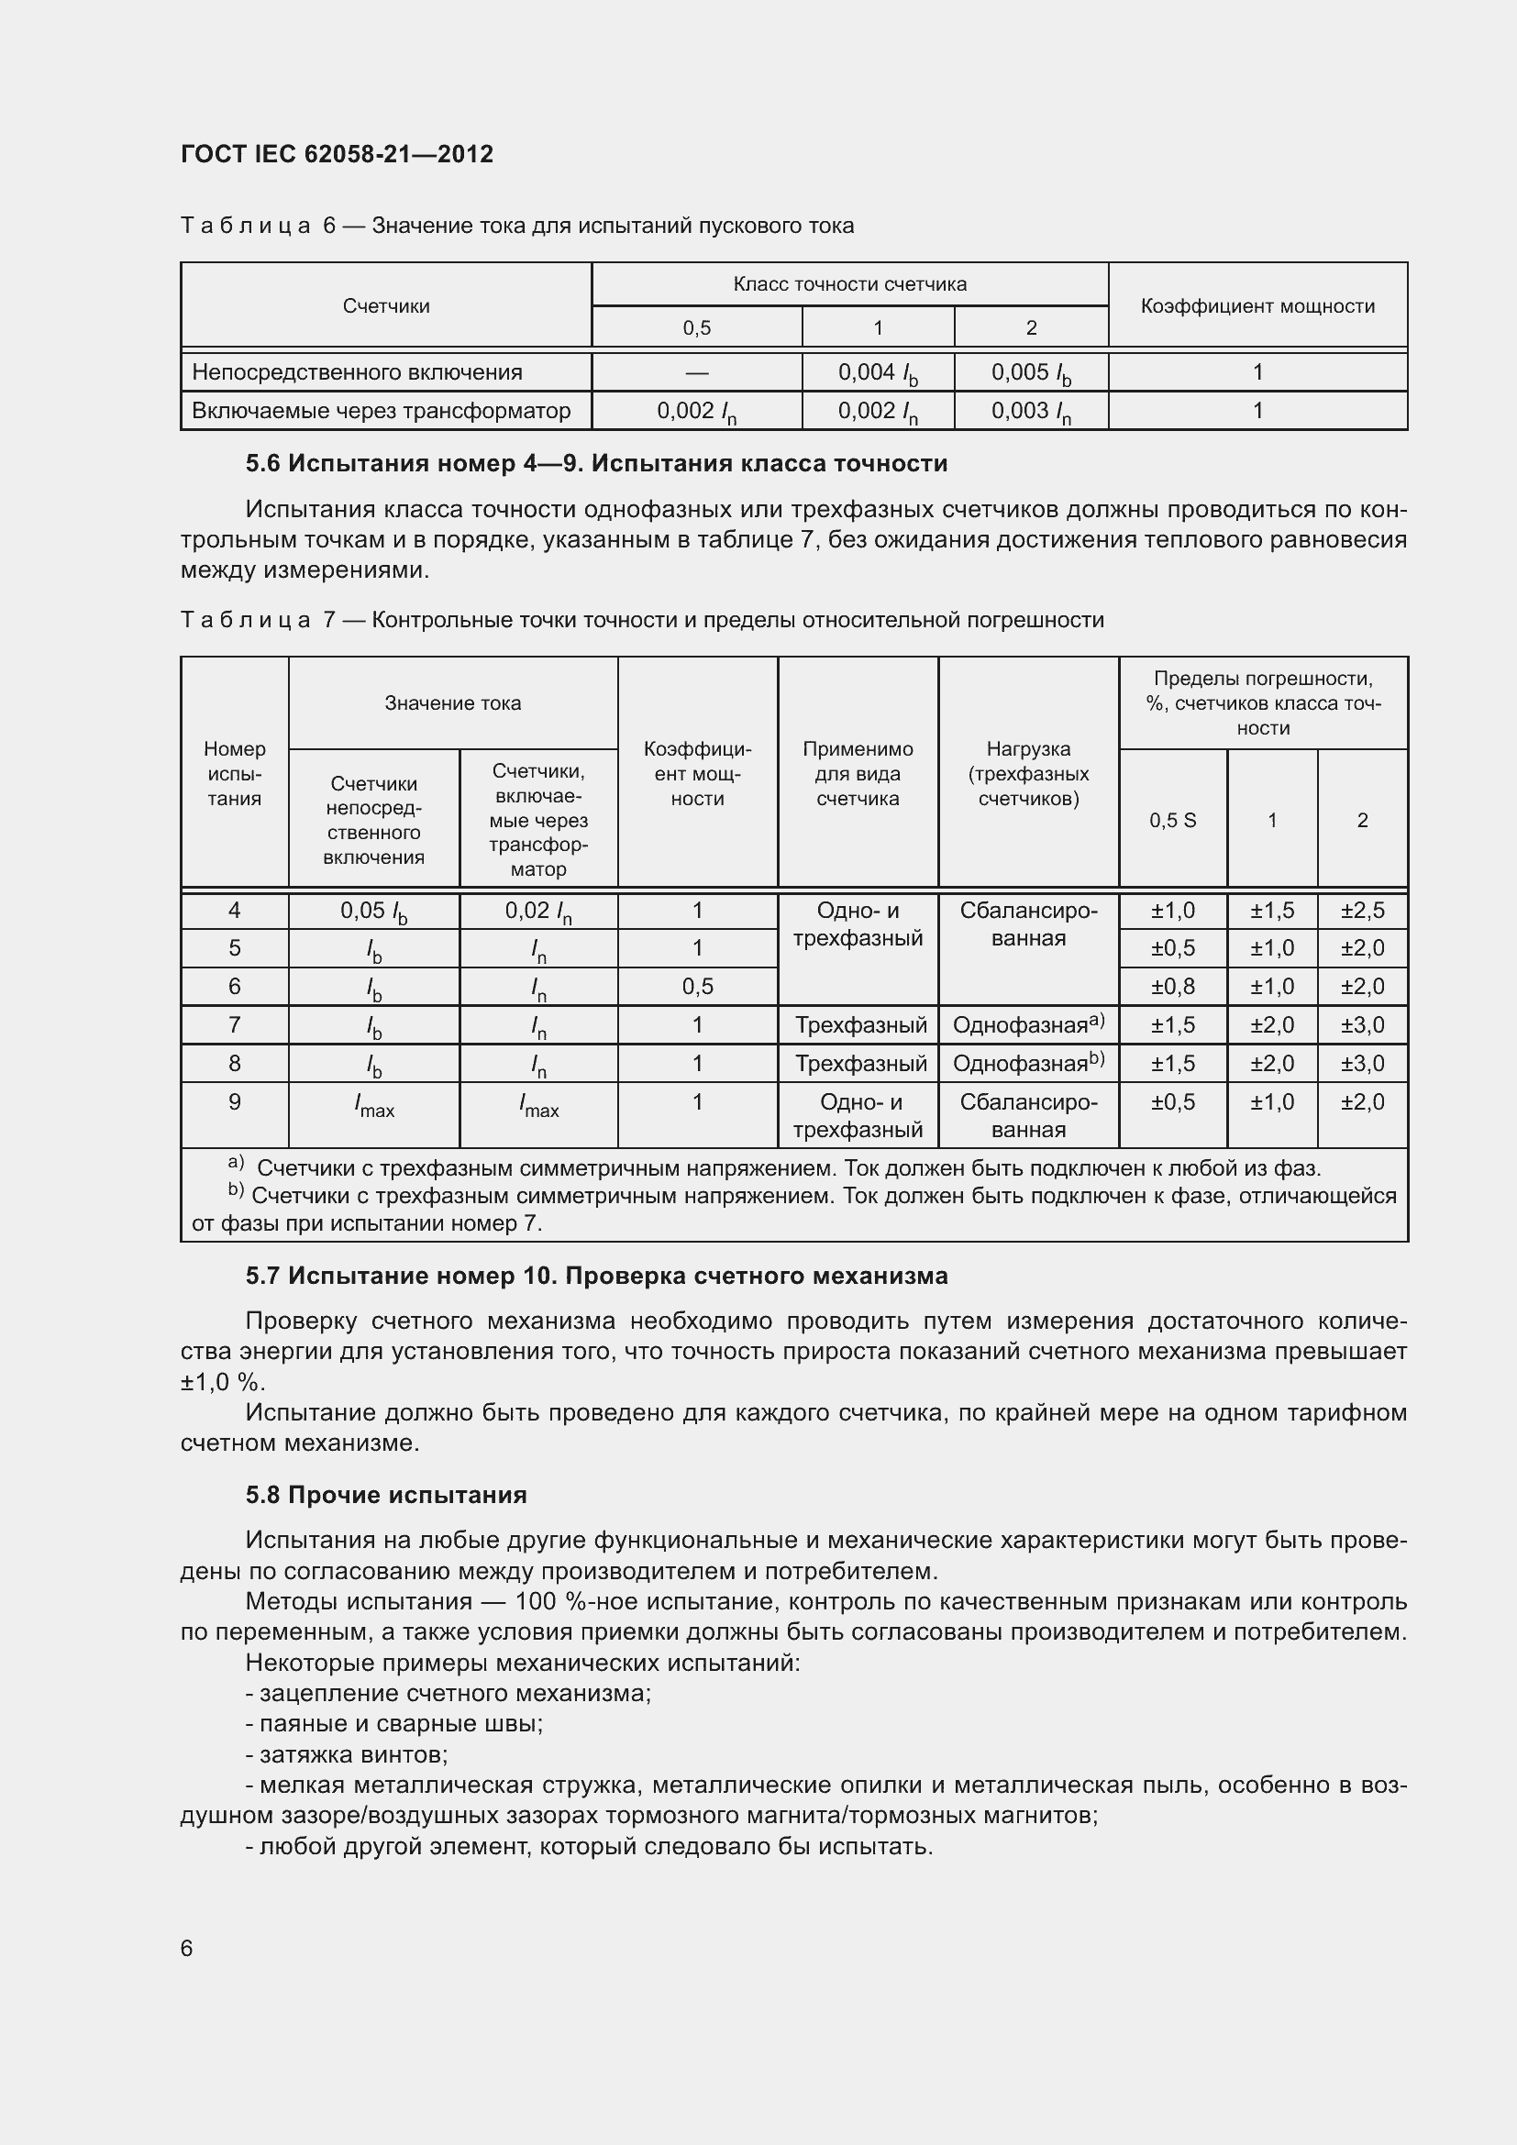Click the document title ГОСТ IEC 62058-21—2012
tap(337, 154)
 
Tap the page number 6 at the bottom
tap(187, 1948)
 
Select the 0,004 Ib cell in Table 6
tap(877, 372)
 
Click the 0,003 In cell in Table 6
tap(1030, 411)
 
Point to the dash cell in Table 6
tap(696, 372)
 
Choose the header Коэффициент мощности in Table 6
tap(1257, 306)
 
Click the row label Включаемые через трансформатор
tap(382, 411)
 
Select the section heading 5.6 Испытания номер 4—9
tap(596, 463)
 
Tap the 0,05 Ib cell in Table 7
tap(373, 911)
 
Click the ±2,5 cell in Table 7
tap(1362, 911)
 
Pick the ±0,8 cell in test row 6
tap(1172, 987)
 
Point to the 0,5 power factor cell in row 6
tap(697, 987)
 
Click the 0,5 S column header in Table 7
tap(1172, 820)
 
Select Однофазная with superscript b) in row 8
tap(1027, 1063)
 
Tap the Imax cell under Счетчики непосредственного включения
tap(373, 1107)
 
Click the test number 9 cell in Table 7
tap(235, 1102)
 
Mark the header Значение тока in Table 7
tap(452, 703)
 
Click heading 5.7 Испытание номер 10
tap(596, 1276)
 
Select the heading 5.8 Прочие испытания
tap(386, 1495)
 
